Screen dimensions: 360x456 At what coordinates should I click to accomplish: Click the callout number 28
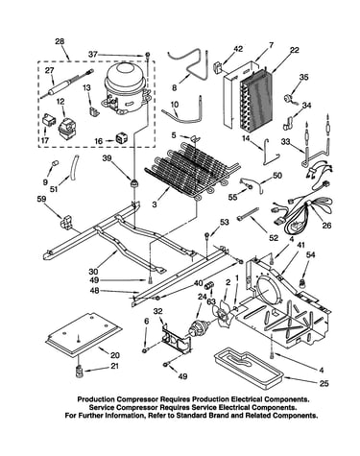pos(60,41)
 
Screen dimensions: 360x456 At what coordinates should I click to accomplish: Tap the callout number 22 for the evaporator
pos(295,50)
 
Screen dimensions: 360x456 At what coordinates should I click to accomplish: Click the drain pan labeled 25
pos(249,369)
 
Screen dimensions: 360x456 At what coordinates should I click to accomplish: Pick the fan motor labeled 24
pos(199,327)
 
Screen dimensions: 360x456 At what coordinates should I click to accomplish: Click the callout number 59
pos(41,199)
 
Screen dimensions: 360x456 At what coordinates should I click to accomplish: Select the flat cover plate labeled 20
pos(84,334)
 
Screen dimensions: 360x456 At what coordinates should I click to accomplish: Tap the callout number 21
pos(114,366)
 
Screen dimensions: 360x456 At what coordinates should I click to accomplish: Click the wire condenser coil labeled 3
pos(192,171)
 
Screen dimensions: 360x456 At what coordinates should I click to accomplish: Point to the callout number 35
pos(303,77)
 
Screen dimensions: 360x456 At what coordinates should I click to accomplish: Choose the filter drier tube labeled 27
pos(67,84)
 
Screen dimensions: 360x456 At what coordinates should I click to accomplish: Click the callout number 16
pos(98,141)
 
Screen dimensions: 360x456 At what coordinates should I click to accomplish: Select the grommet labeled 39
pos(134,184)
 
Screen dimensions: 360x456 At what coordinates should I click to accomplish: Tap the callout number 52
pos(274,238)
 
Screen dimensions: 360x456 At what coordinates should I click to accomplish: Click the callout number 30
pos(94,272)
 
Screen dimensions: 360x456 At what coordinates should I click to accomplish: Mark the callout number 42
pos(238,49)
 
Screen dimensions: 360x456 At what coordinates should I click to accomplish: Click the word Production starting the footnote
pos(95,399)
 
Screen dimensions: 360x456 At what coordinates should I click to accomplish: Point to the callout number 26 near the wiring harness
pos(326,226)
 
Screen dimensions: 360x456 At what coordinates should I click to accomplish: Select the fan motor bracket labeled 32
pos(177,340)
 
